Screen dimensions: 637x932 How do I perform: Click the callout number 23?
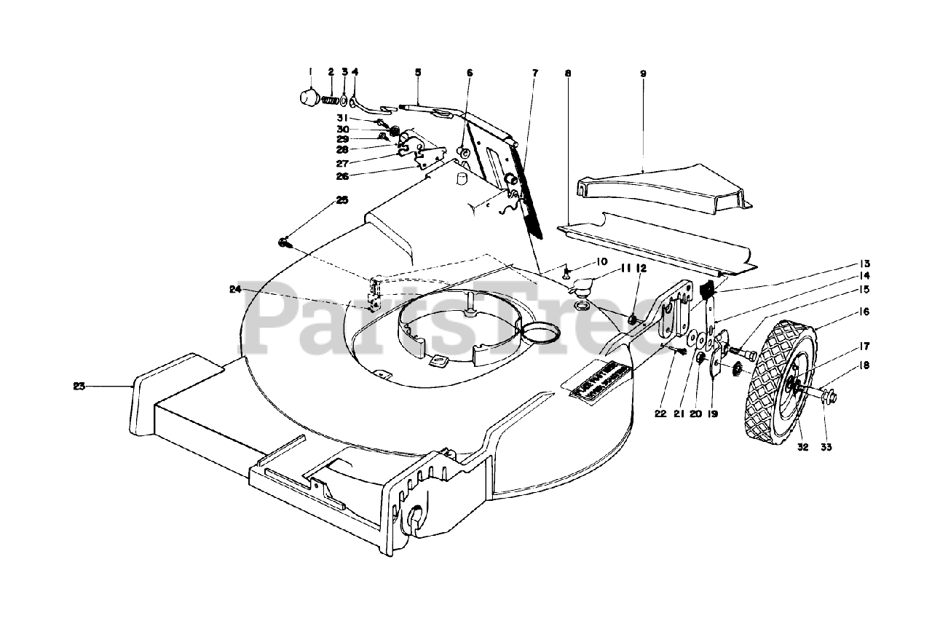(x=79, y=387)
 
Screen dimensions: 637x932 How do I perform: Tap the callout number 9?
(x=643, y=74)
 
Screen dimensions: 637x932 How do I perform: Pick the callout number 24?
(x=234, y=289)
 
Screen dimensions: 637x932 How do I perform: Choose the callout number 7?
(x=534, y=73)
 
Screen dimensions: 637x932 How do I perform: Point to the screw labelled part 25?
(x=283, y=242)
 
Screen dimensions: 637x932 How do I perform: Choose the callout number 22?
(x=660, y=414)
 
